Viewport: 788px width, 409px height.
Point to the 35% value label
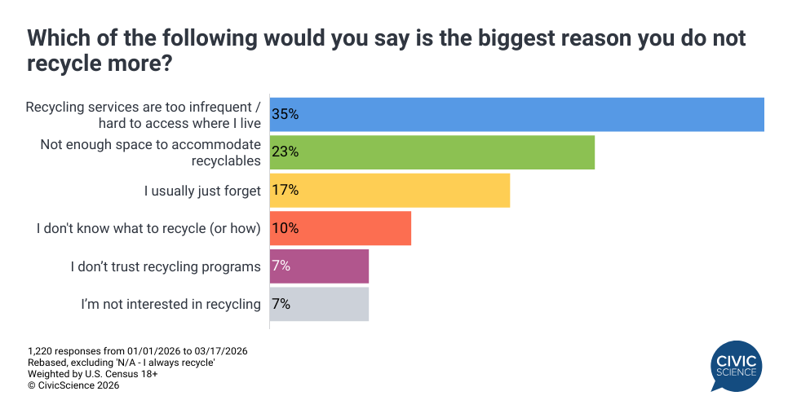tap(285, 114)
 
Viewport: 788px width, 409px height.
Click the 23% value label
tap(285, 152)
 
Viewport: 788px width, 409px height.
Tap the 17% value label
tap(285, 190)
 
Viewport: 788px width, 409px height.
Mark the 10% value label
tap(285, 228)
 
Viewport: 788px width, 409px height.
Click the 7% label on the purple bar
tap(281, 266)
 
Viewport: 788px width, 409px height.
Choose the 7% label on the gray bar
tap(281, 304)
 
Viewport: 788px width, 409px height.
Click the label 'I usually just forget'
tap(202, 191)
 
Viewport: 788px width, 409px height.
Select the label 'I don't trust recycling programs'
tap(166, 266)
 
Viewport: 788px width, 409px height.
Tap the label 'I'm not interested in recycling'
tap(170, 304)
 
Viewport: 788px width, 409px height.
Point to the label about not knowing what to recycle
tap(148, 228)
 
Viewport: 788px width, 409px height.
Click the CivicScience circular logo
tap(737, 365)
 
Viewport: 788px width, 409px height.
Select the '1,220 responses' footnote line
tap(138, 350)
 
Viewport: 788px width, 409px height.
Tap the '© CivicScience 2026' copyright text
tap(74, 385)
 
